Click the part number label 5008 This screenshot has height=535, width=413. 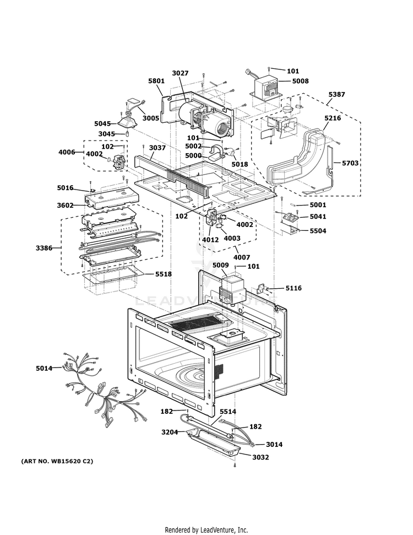[300, 81]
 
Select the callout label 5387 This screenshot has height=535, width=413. [336, 95]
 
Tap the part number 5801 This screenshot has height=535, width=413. [156, 81]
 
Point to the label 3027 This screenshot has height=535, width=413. [180, 73]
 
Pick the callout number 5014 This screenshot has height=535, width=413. [44, 368]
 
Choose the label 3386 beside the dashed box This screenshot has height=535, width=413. [44, 248]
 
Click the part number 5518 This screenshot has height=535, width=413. [164, 274]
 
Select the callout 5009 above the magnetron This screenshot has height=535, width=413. [220, 265]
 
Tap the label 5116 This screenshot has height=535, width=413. [294, 288]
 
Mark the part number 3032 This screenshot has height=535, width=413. [260, 457]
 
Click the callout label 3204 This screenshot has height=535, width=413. [170, 433]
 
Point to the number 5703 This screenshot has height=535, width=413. [350, 163]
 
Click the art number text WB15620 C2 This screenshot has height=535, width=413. [57, 461]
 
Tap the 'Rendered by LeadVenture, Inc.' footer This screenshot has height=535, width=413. [206, 529]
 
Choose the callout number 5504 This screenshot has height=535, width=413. [318, 231]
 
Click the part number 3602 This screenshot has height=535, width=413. [65, 206]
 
